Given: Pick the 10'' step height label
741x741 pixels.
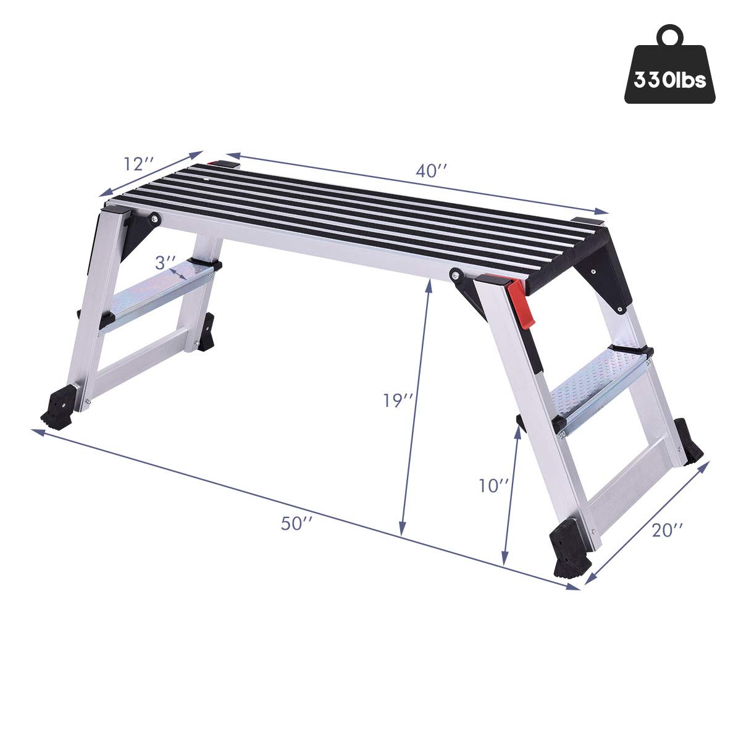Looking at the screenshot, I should pyautogui.click(x=493, y=485).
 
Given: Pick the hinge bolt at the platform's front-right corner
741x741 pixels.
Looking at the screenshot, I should pyautogui.click(x=455, y=272).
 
